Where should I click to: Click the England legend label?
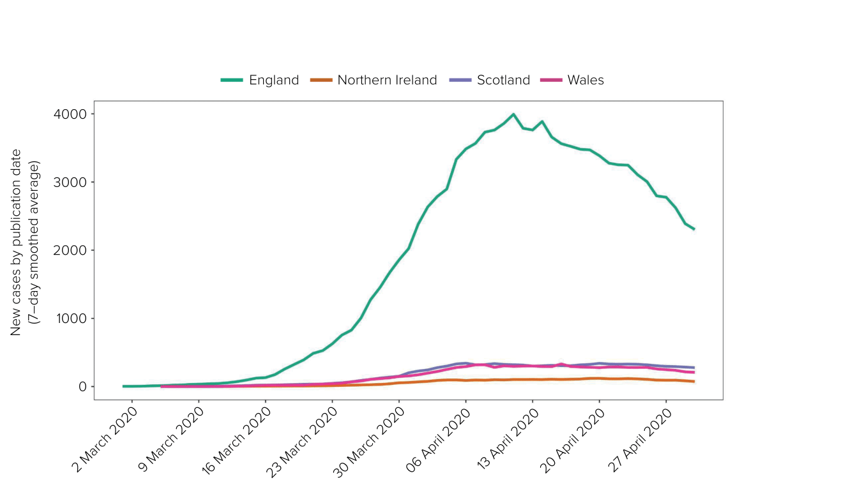274,80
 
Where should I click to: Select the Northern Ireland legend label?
387,80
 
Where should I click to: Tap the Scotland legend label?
503,80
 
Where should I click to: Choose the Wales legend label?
586,80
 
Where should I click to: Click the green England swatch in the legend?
232,80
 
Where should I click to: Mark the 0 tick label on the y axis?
82,387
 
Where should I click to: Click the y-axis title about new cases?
26,243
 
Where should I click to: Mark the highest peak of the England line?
513,114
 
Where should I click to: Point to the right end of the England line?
694,229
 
